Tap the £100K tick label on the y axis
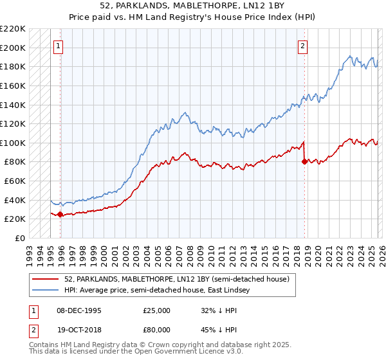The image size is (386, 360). [x=13, y=143]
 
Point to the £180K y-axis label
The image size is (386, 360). [x=13, y=66]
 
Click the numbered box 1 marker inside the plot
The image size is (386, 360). [x=58, y=46]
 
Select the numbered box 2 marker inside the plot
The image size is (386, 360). [x=302, y=46]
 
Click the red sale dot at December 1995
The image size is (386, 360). [x=60, y=215]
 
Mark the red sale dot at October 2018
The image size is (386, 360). [x=304, y=161]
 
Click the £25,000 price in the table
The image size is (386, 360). [x=156, y=310]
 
